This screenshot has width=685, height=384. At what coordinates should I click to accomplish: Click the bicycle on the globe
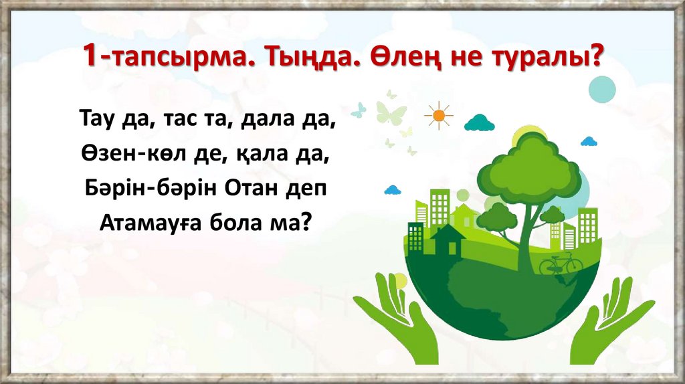click(x=561, y=264)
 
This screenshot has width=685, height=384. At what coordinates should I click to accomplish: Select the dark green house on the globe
click(x=447, y=241)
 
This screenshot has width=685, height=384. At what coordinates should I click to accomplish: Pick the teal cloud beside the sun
click(x=479, y=122)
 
